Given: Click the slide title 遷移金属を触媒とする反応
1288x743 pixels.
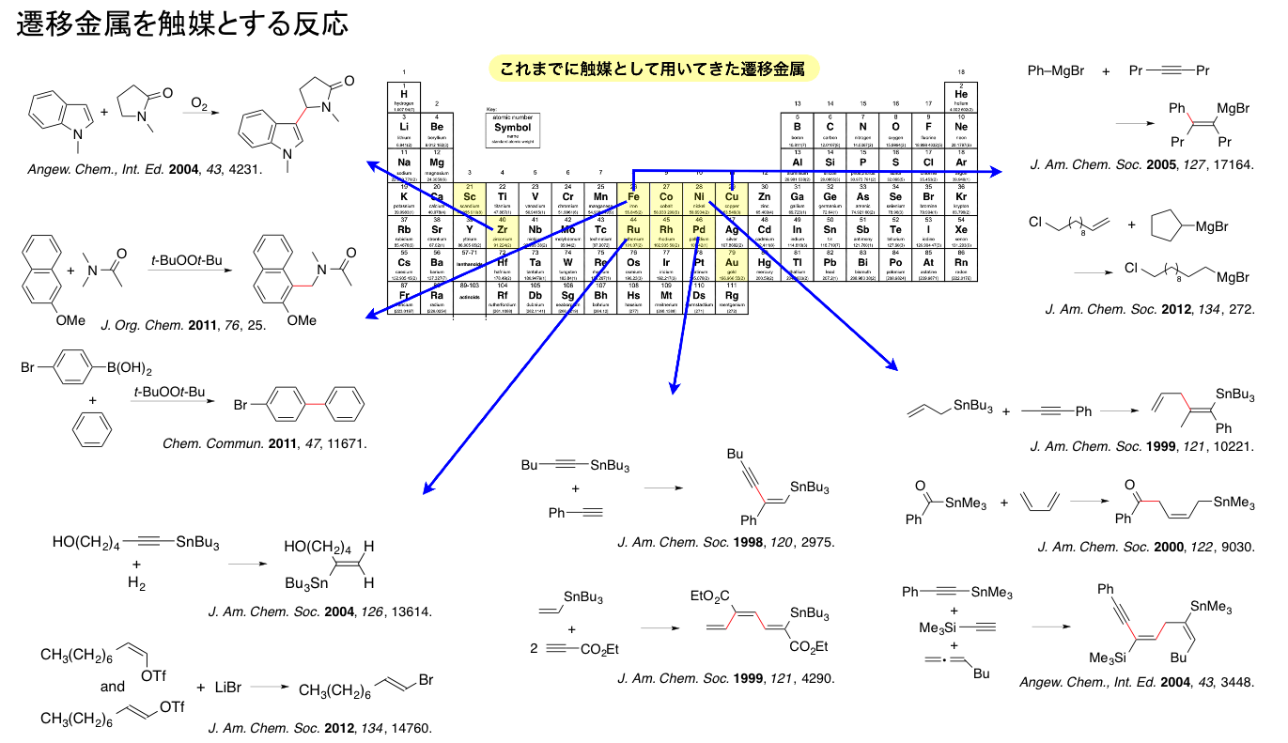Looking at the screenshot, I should click(182, 25).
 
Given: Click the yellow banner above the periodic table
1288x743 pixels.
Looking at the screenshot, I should click(653, 68).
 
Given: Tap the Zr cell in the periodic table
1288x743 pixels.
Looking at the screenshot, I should click(502, 229).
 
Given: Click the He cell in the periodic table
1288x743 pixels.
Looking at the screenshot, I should click(961, 97).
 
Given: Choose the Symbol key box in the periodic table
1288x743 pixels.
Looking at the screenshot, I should click(512, 131).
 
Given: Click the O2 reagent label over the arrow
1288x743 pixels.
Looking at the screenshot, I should click(200, 102).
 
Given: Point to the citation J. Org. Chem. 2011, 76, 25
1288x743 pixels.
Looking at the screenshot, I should click(185, 325).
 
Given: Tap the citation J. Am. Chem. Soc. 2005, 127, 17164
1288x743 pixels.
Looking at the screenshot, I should click(1141, 165).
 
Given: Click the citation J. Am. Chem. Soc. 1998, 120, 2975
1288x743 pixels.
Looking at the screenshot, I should click(725, 542).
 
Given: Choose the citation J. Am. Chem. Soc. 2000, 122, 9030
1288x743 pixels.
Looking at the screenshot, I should click(1145, 547).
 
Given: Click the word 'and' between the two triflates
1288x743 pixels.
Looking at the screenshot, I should click(113, 687).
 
